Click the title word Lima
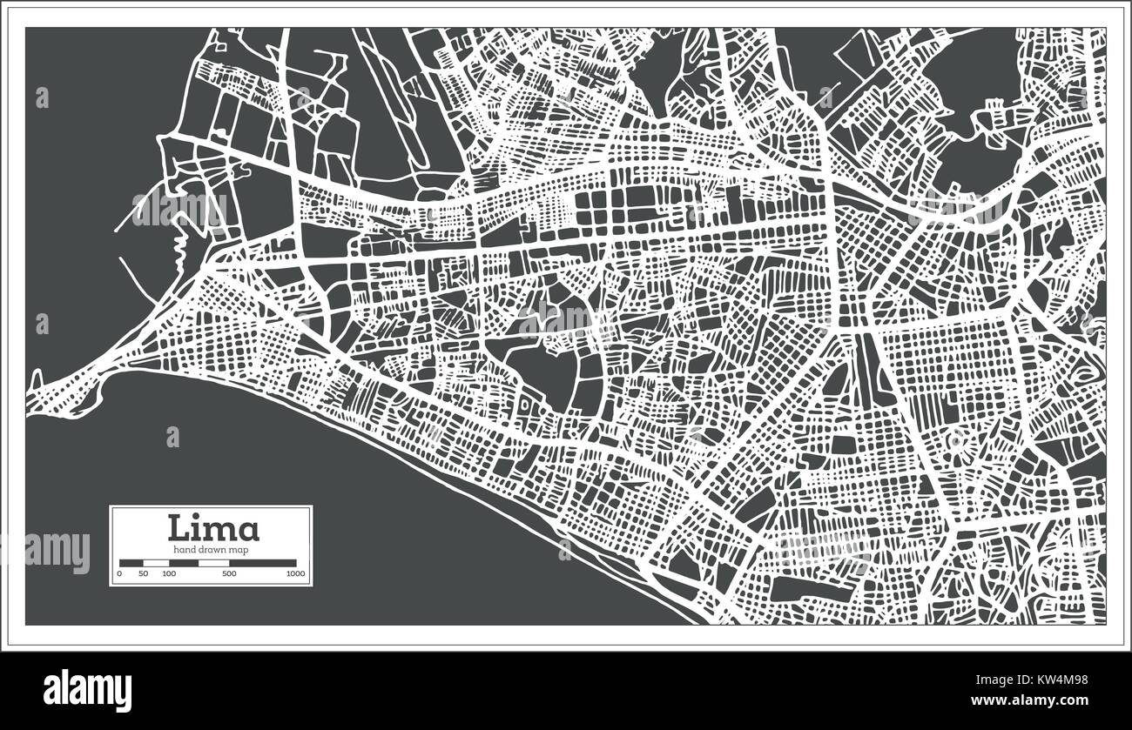(x=212, y=528)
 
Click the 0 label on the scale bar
(x=119, y=574)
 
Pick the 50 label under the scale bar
(x=144, y=574)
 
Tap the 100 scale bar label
(x=169, y=574)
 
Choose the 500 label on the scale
(x=229, y=574)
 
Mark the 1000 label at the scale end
(x=295, y=574)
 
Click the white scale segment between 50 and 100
(x=156, y=563)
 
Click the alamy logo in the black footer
(x=87, y=691)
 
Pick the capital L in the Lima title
(x=180, y=528)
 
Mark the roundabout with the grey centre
(x=957, y=440)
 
